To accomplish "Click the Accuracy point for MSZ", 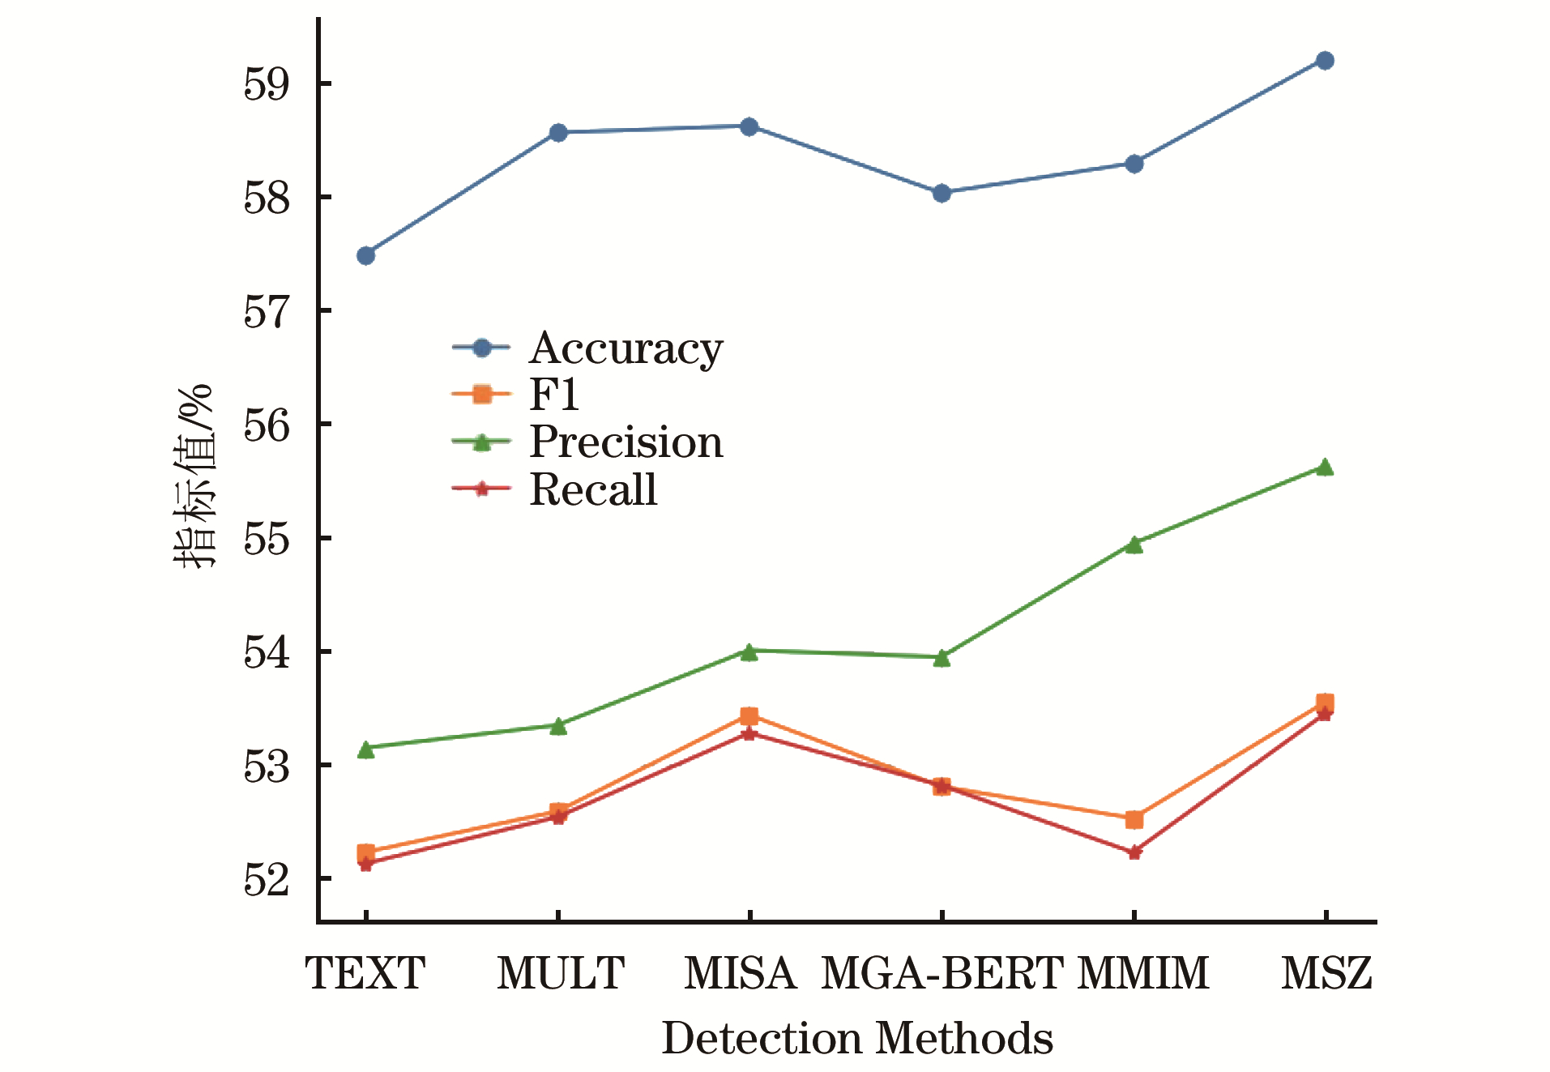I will click(x=1325, y=61).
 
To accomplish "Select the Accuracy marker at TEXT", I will click(x=365, y=256).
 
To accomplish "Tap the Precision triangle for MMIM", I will click(x=1134, y=545).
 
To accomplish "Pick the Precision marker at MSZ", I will click(x=1325, y=468).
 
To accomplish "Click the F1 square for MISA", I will click(x=749, y=716).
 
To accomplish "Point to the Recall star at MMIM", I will click(x=1134, y=852).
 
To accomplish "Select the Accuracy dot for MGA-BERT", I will click(x=942, y=193).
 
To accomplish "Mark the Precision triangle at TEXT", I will click(x=365, y=750).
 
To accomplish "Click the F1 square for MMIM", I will click(x=1134, y=820).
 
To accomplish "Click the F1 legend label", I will click(x=554, y=395).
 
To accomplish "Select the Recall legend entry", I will click(x=593, y=489).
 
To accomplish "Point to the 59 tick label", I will click(x=267, y=83).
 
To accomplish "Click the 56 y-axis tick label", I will click(x=267, y=425).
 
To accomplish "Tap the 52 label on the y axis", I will click(x=267, y=879).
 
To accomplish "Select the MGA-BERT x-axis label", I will click(x=942, y=973).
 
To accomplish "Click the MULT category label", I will click(x=561, y=973).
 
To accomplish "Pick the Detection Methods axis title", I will click(x=857, y=1038).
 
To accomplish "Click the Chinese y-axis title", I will click(x=195, y=476).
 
